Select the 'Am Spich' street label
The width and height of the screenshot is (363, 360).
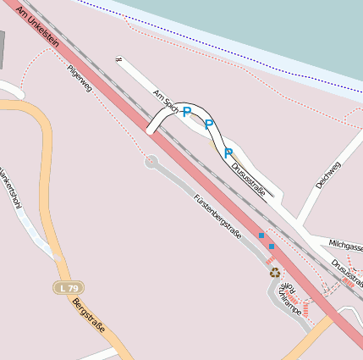tap(165, 102)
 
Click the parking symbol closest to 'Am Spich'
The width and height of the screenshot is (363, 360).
tap(186, 113)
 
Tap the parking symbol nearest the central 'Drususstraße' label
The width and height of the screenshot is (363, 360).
tap(228, 153)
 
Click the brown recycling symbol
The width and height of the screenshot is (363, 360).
tap(274, 273)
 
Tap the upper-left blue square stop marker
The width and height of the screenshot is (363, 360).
tap(261, 235)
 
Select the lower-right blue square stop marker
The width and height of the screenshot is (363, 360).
tap(272, 246)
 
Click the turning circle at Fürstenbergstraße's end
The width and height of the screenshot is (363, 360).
tap(151, 161)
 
